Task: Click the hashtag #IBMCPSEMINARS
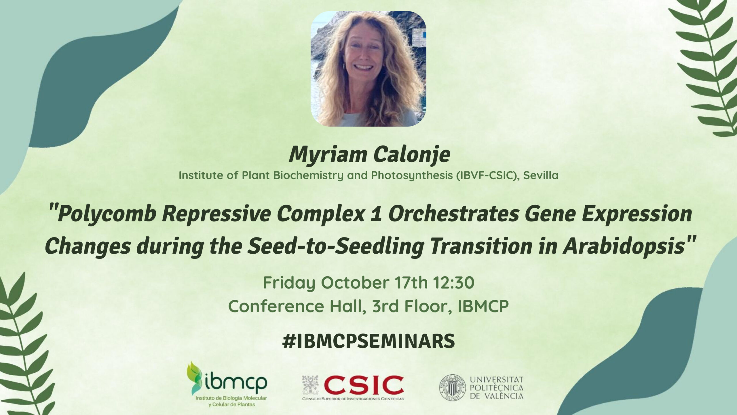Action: tap(368, 340)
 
